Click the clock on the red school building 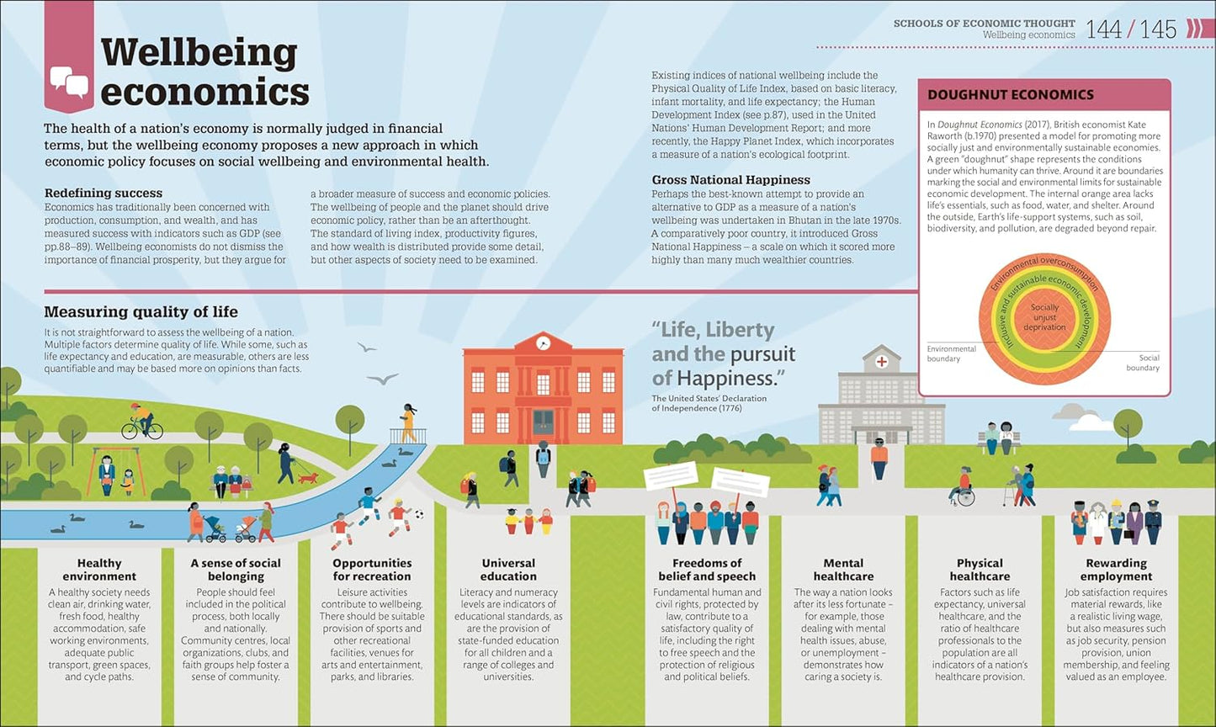coord(543,342)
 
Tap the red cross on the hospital coord(882,362)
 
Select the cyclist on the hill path coord(142,422)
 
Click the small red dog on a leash coord(308,478)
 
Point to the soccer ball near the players coord(419,513)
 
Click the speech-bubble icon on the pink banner coord(70,82)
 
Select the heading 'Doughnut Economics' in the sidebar coord(1011,94)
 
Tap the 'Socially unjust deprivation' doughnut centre coord(1044,317)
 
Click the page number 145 coord(1158,29)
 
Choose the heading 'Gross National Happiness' coord(730,180)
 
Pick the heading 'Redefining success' coord(104,193)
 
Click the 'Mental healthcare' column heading coord(843,570)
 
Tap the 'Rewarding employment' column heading coord(1116,570)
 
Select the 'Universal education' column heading coord(508,570)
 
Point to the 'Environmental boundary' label coord(951,353)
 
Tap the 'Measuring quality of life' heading coord(141,311)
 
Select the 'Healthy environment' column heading coord(99,570)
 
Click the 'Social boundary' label coord(1143,363)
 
